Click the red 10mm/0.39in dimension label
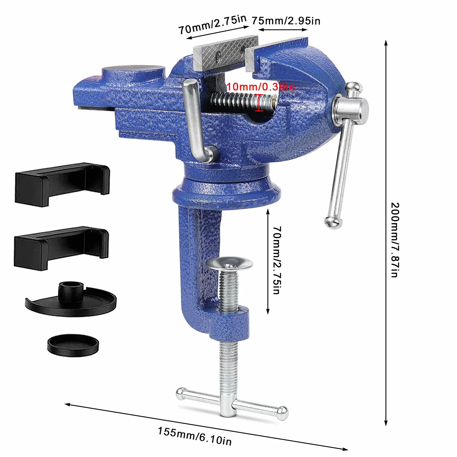(261, 87)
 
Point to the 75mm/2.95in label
(286, 21)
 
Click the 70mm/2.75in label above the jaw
(212, 24)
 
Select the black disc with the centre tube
(71, 300)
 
